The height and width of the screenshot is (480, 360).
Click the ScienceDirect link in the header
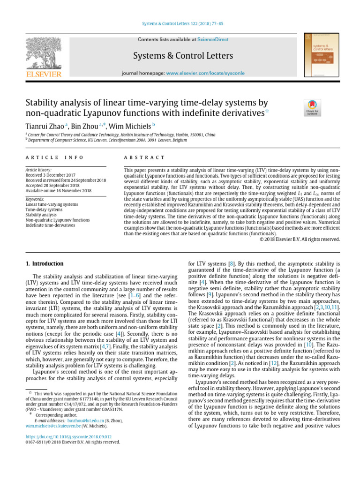click(x=213, y=40)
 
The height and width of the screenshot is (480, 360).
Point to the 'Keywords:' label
click(x=35, y=198)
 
